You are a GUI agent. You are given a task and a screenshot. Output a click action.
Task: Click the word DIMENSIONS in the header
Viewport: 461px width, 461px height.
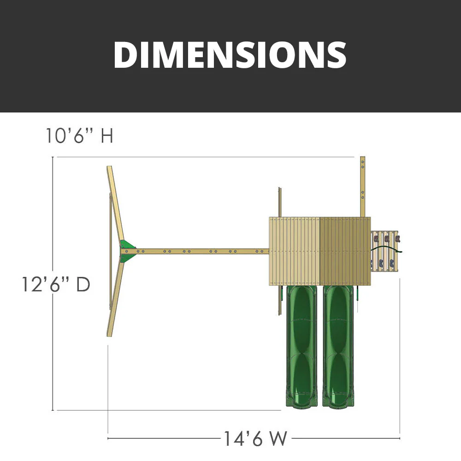pos(230,55)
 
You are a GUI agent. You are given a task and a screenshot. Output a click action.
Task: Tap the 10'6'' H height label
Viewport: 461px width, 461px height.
pos(79,136)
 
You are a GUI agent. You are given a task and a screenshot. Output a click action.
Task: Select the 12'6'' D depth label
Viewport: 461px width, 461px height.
pos(56,284)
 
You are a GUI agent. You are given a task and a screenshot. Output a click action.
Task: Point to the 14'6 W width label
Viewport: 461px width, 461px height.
pos(255,438)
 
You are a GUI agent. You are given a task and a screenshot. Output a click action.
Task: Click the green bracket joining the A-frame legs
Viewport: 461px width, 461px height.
pos(127,251)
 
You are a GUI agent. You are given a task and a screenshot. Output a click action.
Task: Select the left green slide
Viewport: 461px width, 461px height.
pos(301,346)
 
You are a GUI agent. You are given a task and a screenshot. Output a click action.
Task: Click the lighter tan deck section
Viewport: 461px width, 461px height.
pos(294,251)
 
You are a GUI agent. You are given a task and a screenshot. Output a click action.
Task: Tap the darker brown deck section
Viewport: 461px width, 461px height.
pos(345,251)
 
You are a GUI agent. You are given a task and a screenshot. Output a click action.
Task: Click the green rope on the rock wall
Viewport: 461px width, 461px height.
pos(386,249)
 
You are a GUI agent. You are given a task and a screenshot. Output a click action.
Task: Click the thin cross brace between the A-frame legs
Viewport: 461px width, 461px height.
pos(110,251)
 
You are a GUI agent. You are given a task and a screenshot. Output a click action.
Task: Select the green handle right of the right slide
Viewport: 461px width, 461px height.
pos(357,295)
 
